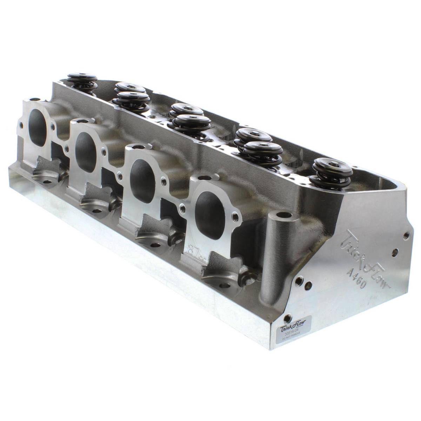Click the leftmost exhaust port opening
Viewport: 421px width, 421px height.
point(39,131)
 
